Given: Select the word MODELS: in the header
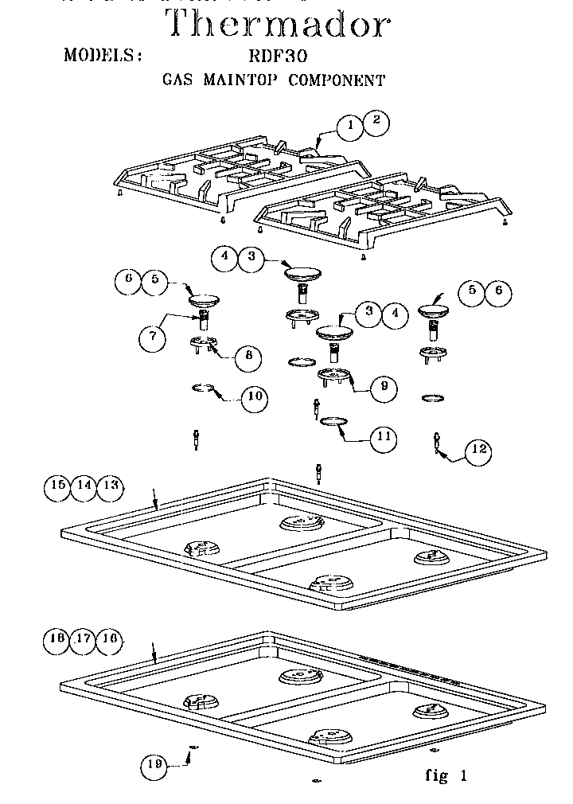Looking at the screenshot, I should coord(103,56).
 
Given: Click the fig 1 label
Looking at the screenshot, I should coord(446,776).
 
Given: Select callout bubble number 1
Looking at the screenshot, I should coord(349,126).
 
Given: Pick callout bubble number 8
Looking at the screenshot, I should coord(248,357).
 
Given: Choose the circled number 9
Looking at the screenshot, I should coord(384,387).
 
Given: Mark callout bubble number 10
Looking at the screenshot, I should coord(254,397).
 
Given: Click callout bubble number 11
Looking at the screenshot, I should coord(384,436).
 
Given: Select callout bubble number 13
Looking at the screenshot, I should coord(111,486).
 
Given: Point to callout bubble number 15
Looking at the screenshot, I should coord(57,486).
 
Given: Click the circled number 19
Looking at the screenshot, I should coord(154,766).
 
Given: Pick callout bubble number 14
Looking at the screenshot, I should coord(84,486).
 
